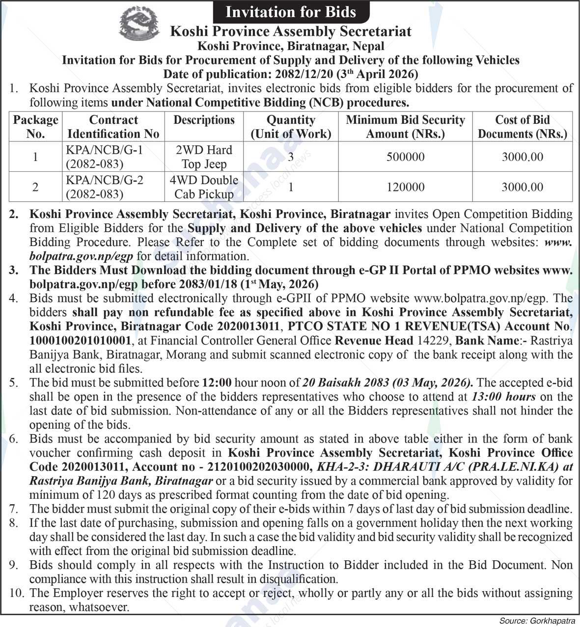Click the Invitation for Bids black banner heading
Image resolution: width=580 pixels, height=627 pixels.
tap(290, 11)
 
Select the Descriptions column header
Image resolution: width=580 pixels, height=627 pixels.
tap(204, 120)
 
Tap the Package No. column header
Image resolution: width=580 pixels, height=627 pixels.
tap(35, 127)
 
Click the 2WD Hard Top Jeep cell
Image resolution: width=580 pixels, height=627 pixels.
tap(204, 157)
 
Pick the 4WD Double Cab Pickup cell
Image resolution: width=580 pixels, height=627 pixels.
tap(204, 187)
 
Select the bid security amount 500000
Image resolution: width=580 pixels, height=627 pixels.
tap(405, 157)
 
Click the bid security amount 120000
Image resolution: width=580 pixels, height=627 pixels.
tap(405, 187)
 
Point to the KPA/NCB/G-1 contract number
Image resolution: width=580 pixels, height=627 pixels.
tap(104, 150)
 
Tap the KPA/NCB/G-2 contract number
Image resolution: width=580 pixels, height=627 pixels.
tap(104, 180)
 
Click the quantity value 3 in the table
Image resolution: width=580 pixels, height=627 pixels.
tap(291, 157)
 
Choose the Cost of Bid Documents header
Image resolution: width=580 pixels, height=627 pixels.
tap(522, 127)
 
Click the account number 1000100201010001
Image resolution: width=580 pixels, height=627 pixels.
tap(80, 341)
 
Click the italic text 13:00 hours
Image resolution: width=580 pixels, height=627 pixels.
tap(503, 397)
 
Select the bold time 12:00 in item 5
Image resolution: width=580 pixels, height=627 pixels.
tap(216, 382)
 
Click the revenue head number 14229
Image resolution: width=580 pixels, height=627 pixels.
tap(435, 341)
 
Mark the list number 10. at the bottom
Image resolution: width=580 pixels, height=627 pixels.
tap(16, 593)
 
